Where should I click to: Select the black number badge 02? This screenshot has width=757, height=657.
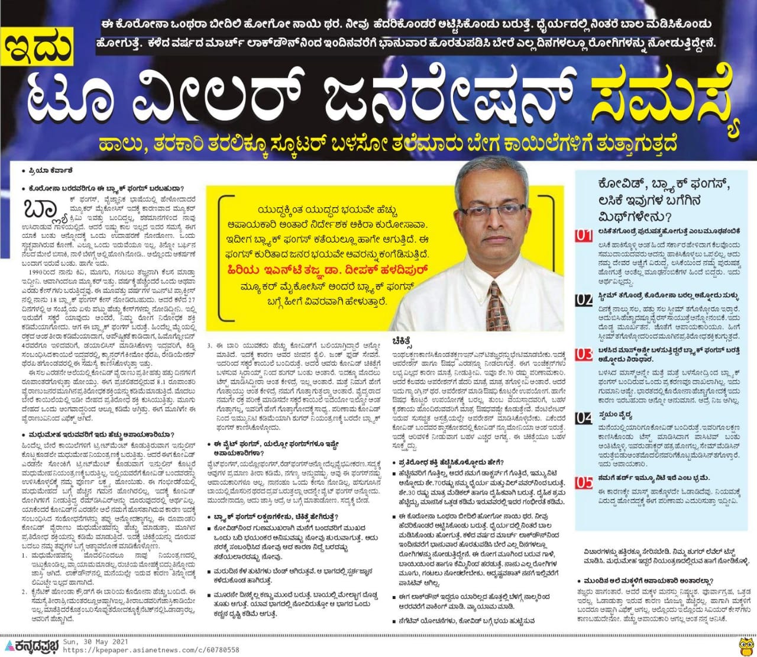(x=583, y=299)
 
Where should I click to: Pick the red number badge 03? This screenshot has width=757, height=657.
(x=583, y=354)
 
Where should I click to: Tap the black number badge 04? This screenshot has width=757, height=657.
(x=583, y=418)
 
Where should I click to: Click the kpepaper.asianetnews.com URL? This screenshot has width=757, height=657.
(x=151, y=650)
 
